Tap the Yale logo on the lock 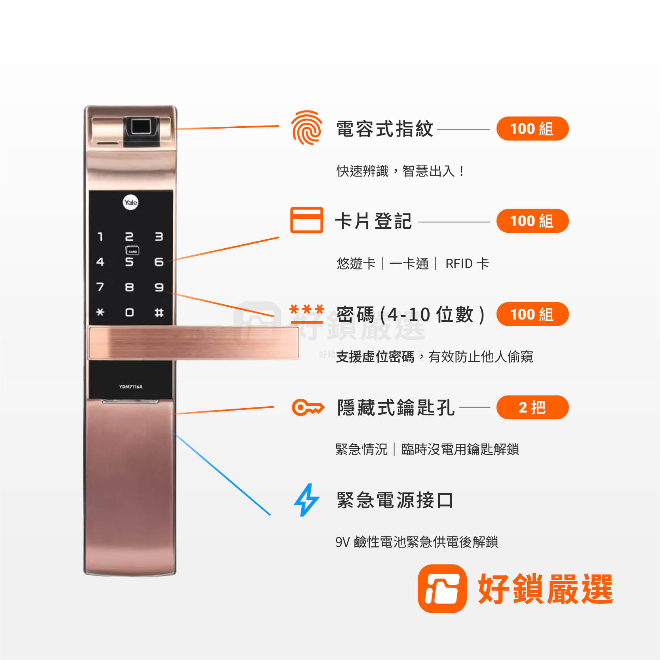click(131, 202)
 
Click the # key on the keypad click(159, 313)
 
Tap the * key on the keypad click(100, 312)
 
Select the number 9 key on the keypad click(159, 287)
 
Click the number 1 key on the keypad click(100, 236)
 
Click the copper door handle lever click(194, 342)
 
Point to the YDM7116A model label click(131, 387)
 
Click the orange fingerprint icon click(306, 128)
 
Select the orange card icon click(306, 220)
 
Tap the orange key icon click(308, 407)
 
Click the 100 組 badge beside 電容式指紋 click(532, 129)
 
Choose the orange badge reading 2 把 click(532, 407)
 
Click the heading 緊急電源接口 click(395, 500)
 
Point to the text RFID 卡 click(467, 263)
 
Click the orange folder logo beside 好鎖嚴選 click(442, 588)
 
